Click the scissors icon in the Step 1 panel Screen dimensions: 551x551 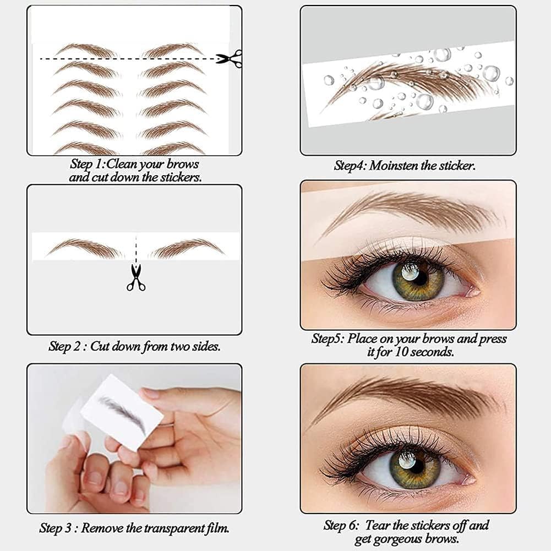(229, 58)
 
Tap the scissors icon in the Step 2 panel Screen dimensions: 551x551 (136, 277)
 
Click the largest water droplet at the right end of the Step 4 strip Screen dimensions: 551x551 (491, 74)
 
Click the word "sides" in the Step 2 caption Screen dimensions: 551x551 (206, 346)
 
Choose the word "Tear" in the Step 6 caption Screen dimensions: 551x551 (378, 525)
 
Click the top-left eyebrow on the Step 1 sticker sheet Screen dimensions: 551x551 (86, 50)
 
